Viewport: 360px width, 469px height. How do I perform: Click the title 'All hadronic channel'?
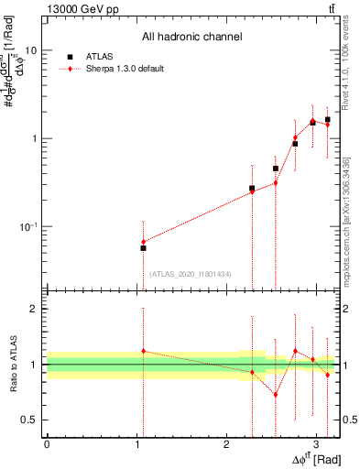pos(191,38)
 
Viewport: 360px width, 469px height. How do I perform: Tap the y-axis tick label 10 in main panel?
pos(29,50)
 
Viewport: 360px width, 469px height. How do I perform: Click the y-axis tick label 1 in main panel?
pos(33,138)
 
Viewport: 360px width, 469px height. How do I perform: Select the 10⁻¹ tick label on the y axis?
pos(27,225)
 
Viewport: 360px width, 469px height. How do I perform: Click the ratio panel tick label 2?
pos(33,309)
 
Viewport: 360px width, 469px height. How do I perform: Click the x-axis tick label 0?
pos(47,444)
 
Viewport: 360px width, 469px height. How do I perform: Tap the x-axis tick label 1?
pos(136,444)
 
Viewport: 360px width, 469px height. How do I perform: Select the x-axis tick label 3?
pos(316,444)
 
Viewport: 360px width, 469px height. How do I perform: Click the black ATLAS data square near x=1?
pos(143,248)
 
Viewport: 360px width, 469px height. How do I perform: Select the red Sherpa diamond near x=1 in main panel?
pos(143,242)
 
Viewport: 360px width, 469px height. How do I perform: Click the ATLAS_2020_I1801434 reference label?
pos(191,274)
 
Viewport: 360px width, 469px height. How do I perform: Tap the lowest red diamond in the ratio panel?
pos(275,395)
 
